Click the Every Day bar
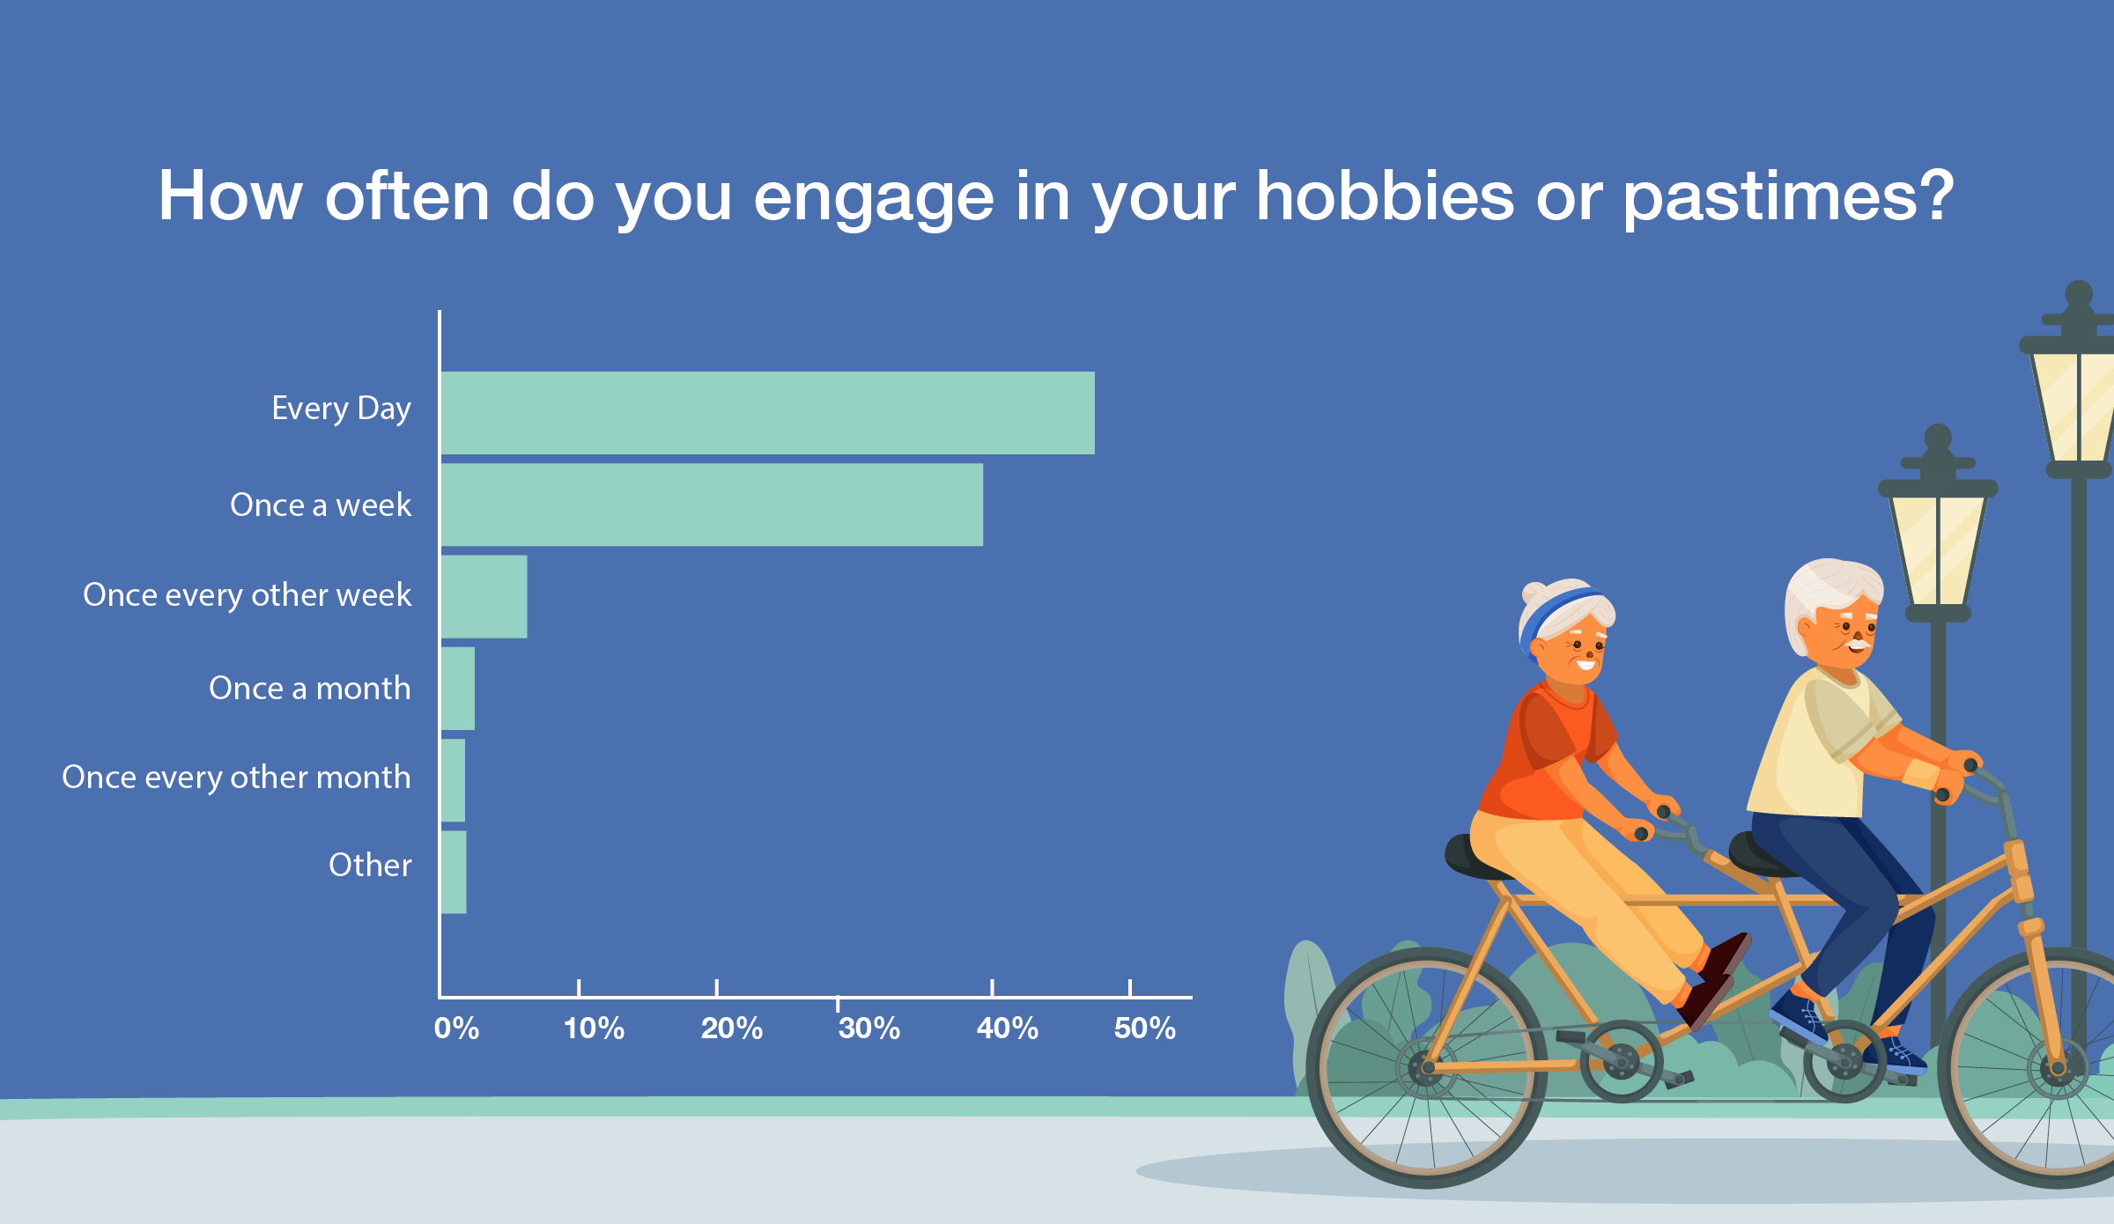click(x=767, y=413)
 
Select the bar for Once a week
click(x=712, y=505)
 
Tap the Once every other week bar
click(x=484, y=596)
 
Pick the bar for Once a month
click(x=458, y=689)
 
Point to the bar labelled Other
click(x=454, y=872)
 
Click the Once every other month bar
click(x=453, y=780)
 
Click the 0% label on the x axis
click(x=456, y=1029)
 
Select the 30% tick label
click(x=869, y=1029)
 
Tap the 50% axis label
click(x=1145, y=1029)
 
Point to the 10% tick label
click(x=594, y=1029)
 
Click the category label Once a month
click(x=310, y=688)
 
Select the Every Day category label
click(x=342, y=409)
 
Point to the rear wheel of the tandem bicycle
click(x=1426, y=1067)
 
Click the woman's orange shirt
click(x=1546, y=753)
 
